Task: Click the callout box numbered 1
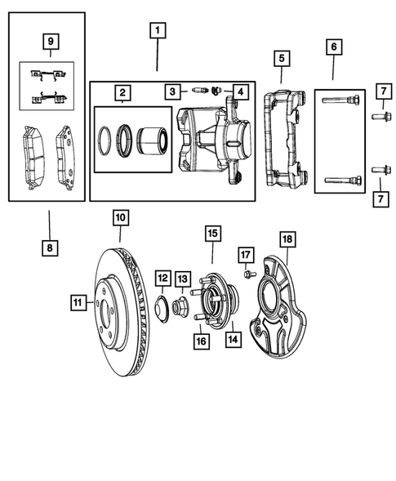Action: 157,33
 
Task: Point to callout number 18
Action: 287,239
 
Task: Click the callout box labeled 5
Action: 280,58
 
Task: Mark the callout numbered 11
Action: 77,303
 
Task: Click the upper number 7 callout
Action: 381,91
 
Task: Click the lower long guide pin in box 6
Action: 340,180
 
